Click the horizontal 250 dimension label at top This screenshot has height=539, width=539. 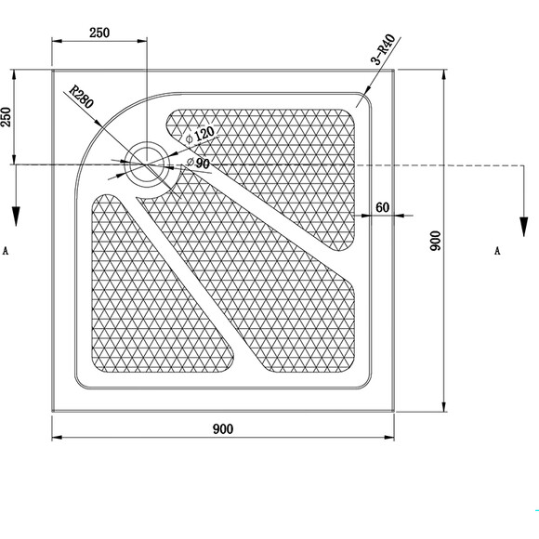99,33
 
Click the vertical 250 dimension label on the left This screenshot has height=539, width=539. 7,117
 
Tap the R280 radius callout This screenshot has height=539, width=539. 81,97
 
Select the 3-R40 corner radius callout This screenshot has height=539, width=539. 383,49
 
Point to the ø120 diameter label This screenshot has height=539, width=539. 200,135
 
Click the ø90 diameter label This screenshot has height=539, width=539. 198,163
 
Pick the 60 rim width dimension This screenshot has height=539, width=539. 383,207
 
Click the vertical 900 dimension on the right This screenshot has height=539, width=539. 436,241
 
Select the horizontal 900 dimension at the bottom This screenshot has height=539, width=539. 223,429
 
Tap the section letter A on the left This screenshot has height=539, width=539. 6,251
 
